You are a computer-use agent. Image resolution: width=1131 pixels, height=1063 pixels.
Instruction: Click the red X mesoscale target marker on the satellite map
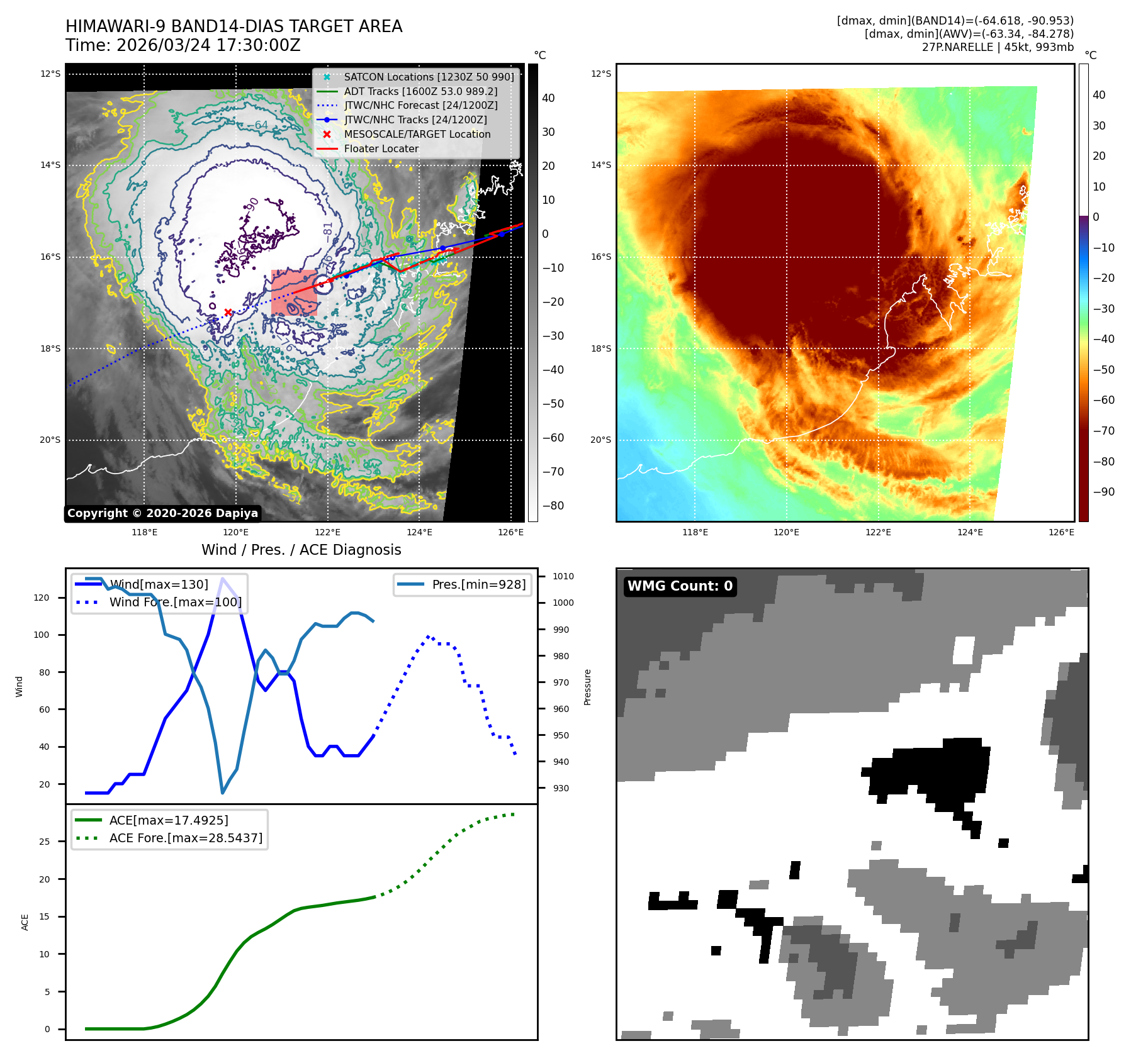(x=228, y=312)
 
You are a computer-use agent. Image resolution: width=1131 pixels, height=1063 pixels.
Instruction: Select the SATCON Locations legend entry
(x=429, y=77)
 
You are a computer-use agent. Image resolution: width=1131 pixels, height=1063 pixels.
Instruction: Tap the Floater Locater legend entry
(x=381, y=148)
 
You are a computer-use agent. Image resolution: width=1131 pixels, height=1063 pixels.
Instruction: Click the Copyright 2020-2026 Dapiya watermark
(x=162, y=513)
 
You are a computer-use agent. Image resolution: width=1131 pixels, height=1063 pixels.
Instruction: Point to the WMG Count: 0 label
(x=680, y=586)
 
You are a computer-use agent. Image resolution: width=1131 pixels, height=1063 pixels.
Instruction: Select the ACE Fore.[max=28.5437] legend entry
(x=186, y=838)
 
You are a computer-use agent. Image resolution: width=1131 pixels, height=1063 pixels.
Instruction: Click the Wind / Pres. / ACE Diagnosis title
(x=301, y=550)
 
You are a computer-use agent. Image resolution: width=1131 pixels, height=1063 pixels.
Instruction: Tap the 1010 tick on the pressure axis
(x=563, y=576)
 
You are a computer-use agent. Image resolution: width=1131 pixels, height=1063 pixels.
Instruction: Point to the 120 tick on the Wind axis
(x=42, y=598)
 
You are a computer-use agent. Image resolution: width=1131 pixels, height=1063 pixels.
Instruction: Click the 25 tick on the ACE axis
(x=45, y=842)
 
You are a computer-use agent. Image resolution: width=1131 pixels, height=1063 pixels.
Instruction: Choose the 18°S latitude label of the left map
(x=50, y=348)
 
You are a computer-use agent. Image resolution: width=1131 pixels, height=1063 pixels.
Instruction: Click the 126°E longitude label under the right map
(x=1061, y=532)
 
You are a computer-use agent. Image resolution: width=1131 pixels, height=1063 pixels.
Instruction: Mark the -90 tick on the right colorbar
(x=1103, y=492)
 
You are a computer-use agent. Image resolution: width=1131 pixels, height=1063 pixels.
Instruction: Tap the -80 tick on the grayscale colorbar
(x=553, y=506)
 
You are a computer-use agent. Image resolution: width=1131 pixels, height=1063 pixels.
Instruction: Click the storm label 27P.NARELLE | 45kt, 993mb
(x=998, y=47)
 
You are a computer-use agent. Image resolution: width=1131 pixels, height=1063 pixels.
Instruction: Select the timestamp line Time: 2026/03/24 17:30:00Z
(x=183, y=45)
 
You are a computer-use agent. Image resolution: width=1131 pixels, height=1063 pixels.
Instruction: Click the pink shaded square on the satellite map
(x=294, y=292)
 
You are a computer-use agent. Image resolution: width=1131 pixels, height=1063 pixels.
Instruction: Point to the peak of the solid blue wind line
(x=222, y=578)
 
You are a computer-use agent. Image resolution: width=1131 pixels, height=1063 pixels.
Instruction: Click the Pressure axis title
(x=588, y=687)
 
